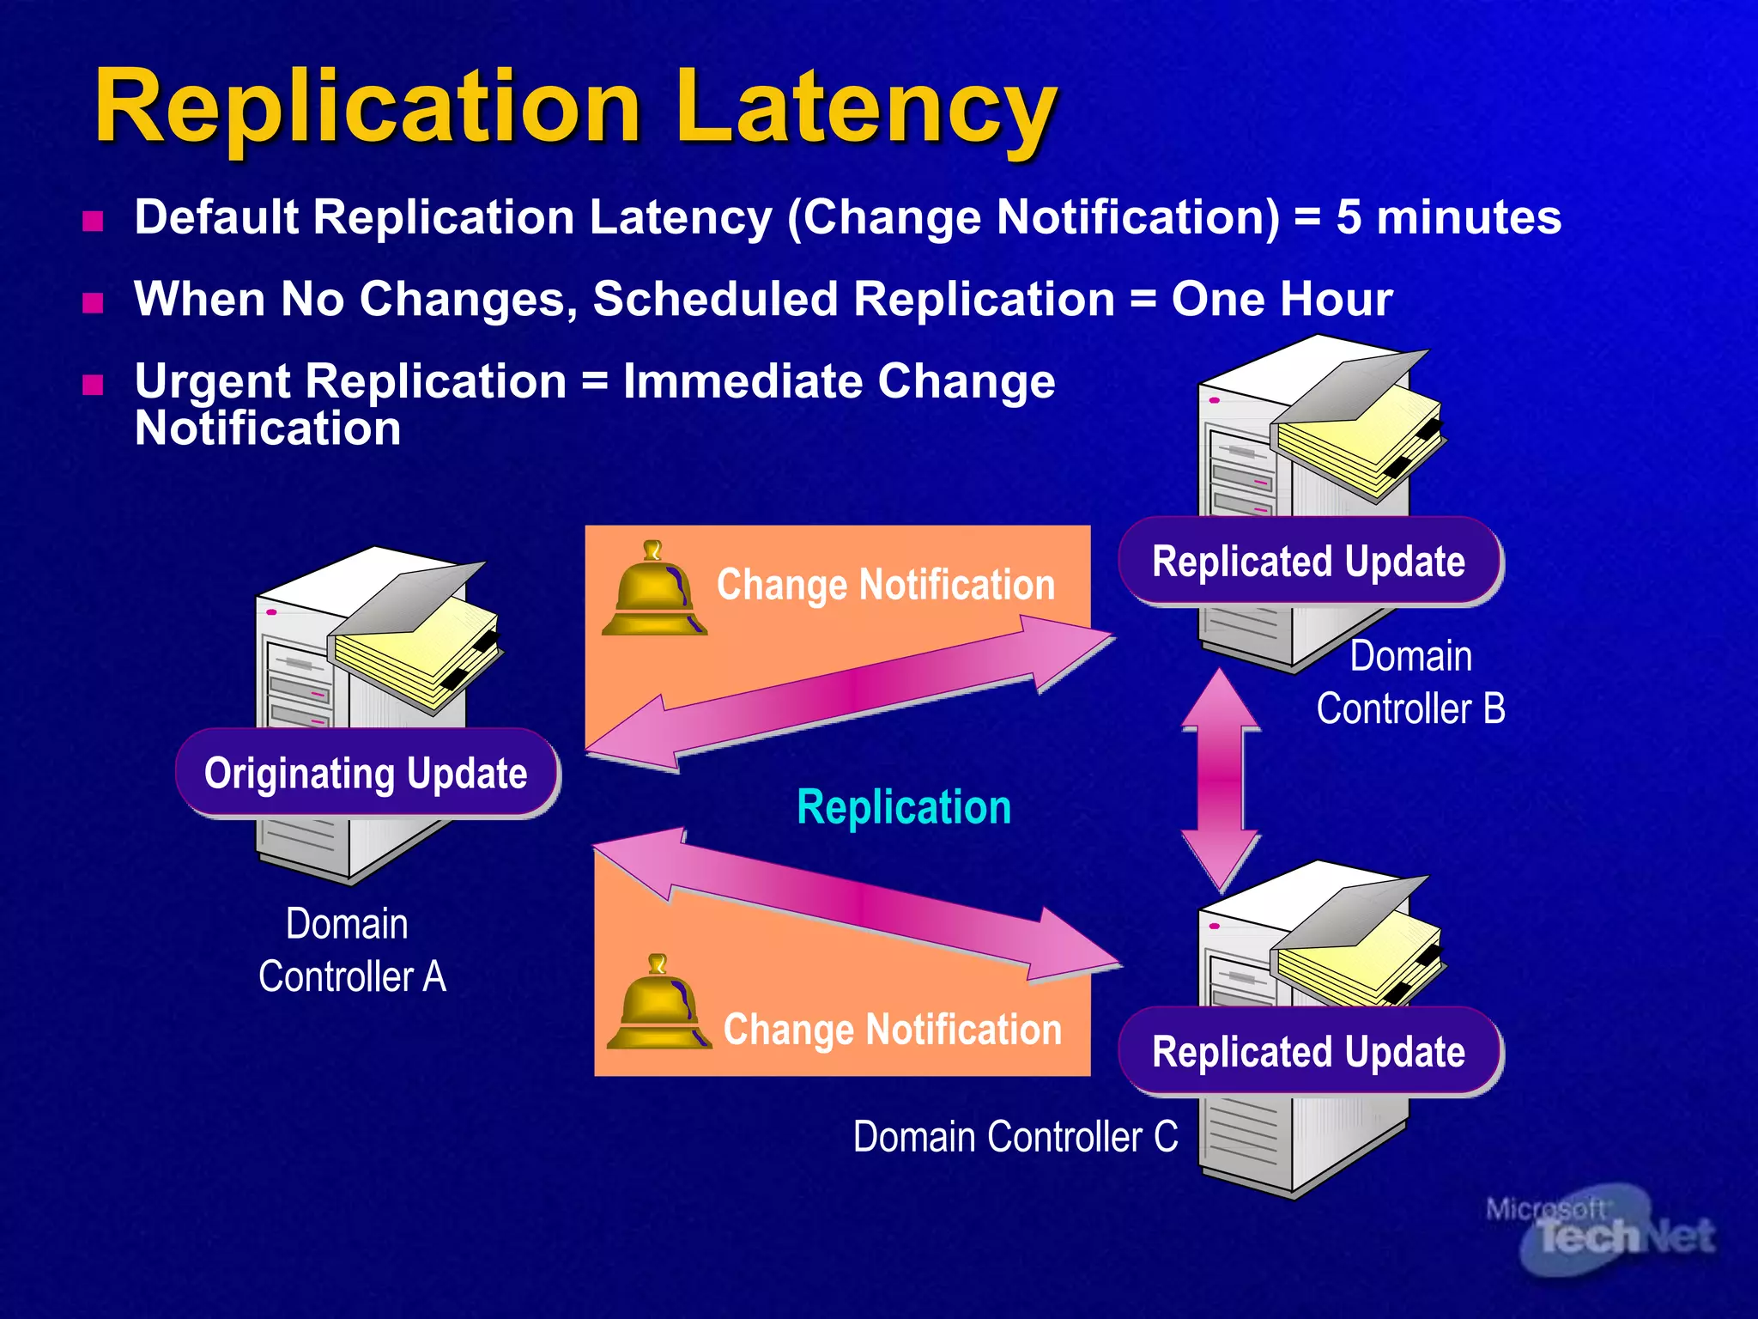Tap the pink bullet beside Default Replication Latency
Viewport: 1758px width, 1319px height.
click(93, 222)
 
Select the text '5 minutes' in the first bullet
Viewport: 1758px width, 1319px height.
click(1448, 217)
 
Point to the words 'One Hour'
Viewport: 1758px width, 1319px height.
click(1282, 300)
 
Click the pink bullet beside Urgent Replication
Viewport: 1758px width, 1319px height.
click(93, 384)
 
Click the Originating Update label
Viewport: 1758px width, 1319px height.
click(367, 773)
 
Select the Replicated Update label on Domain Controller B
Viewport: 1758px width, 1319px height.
click(1308, 562)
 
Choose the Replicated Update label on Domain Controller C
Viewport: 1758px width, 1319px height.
click(1308, 1052)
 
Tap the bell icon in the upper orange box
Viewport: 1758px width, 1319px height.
click(654, 591)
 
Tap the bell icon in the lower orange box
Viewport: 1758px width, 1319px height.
click(658, 1004)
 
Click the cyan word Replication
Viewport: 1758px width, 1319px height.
click(904, 807)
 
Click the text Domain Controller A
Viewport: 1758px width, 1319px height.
click(351, 951)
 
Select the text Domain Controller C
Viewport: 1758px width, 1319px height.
click(1015, 1137)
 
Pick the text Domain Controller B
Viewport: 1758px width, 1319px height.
click(1410, 683)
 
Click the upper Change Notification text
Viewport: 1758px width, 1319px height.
click(885, 586)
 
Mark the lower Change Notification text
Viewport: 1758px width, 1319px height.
click(892, 1030)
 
